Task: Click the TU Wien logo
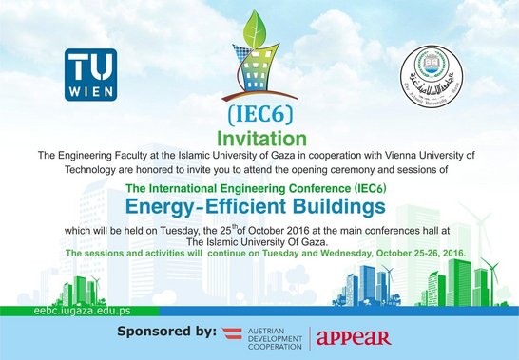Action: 90,74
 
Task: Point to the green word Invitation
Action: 259,138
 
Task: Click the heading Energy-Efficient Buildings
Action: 259,205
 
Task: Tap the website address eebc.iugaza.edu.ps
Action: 44,310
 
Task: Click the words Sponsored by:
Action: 164,332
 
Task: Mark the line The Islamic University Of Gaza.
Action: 259,243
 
